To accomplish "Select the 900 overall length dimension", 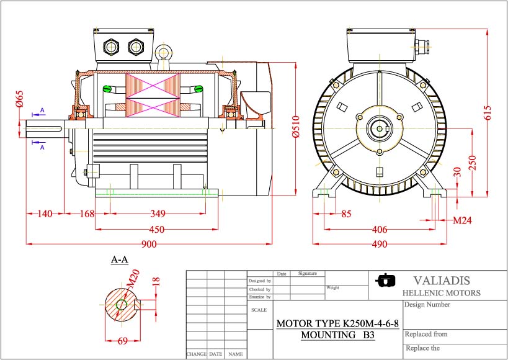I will click(149, 244).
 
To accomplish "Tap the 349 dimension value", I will click(158, 214).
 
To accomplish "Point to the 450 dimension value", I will click(157, 230).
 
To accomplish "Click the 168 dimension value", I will click(87, 214).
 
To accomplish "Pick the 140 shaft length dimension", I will click(45, 214).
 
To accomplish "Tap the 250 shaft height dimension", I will click(472, 163).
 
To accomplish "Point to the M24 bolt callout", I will click(462, 220).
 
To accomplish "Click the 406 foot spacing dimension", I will click(380, 230).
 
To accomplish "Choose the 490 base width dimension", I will click(380, 245).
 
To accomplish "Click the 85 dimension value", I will click(346, 214).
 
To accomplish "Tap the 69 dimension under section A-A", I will click(122, 341).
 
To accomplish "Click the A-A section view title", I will click(119, 259).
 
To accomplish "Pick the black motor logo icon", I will click(385, 281).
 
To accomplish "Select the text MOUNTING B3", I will click(337, 335).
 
